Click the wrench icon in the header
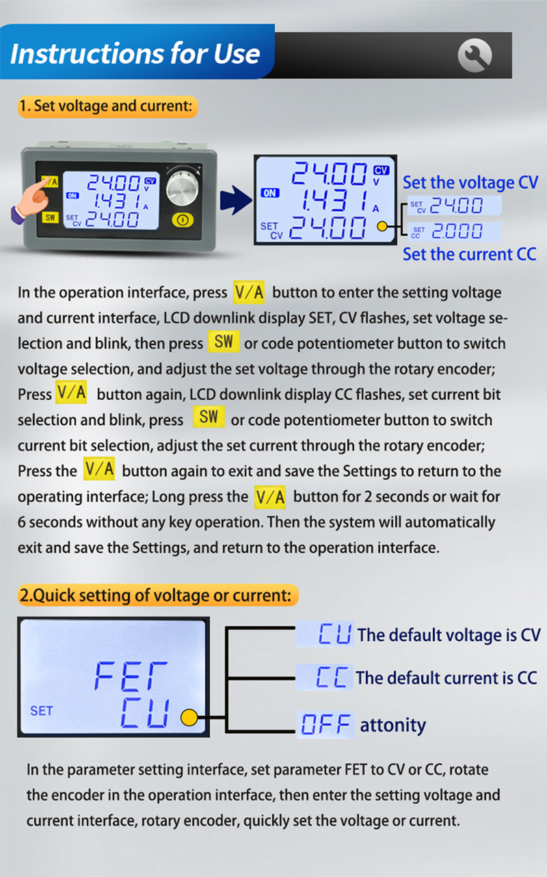tap(475, 55)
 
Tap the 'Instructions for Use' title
tap(135, 53)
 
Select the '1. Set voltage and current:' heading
tap(107, 106)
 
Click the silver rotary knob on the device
tap(183, 188)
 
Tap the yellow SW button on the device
tap(51, 217)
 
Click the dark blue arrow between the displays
tap(236, 200)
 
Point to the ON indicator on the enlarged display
tap(270, 193)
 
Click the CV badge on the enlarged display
tap(381, 170)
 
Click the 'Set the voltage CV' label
tap(470, 183)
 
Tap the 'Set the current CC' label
tap(470, 254)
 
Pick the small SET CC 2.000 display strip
tap(455, 232)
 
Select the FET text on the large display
tap(131, 676)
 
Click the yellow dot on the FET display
tap(189, 718)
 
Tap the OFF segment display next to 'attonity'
tap(325, 725)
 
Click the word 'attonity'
tap(392, 725)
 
